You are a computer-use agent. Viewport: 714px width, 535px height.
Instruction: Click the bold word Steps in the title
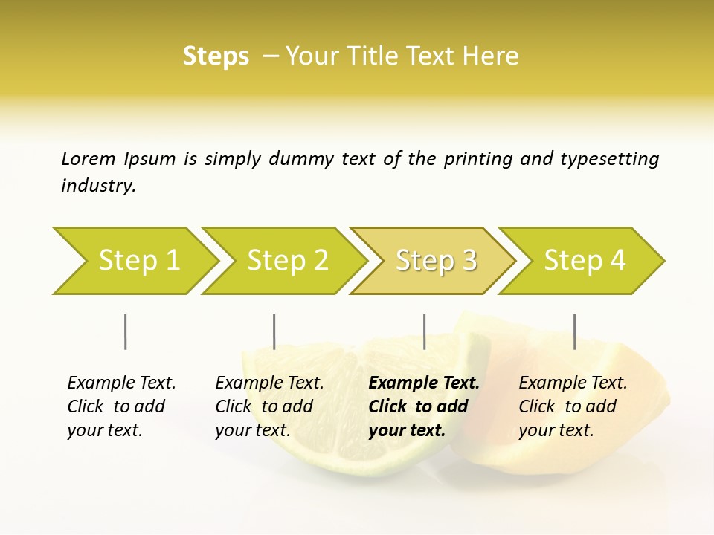tap(216, 56)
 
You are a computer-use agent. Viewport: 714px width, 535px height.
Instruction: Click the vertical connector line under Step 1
tap(125, 331)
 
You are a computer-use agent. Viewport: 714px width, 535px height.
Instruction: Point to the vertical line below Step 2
tap(274, 331)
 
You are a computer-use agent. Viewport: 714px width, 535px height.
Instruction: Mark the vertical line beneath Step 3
tap(424, 331)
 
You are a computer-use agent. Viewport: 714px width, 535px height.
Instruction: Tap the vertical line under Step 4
tap(574, 331)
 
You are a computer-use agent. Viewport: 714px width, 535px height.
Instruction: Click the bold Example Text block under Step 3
tap(424, 406)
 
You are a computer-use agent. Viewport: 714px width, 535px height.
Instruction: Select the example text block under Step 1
tap(121, 406)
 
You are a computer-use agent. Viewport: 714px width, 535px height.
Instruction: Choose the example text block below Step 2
tap(269, 406)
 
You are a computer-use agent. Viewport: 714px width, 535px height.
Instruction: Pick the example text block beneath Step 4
tap(573, 406)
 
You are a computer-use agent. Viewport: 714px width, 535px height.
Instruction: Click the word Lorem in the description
tap(89, 158)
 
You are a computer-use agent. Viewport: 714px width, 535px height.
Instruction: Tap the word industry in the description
tap(97, 186)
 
